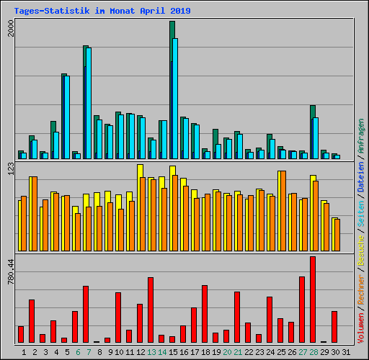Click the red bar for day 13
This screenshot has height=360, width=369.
(x=151, y=310)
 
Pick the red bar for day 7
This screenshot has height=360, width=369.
(x=86, y=314)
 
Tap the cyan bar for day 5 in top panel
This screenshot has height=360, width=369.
(x=66, y=117)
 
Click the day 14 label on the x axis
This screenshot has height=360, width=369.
(x=162, y=352)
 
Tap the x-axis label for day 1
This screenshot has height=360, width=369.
(x=24, y=352)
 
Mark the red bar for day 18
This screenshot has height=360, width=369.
(x=205, y=313)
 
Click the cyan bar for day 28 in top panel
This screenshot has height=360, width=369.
(x=315, y=137)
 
